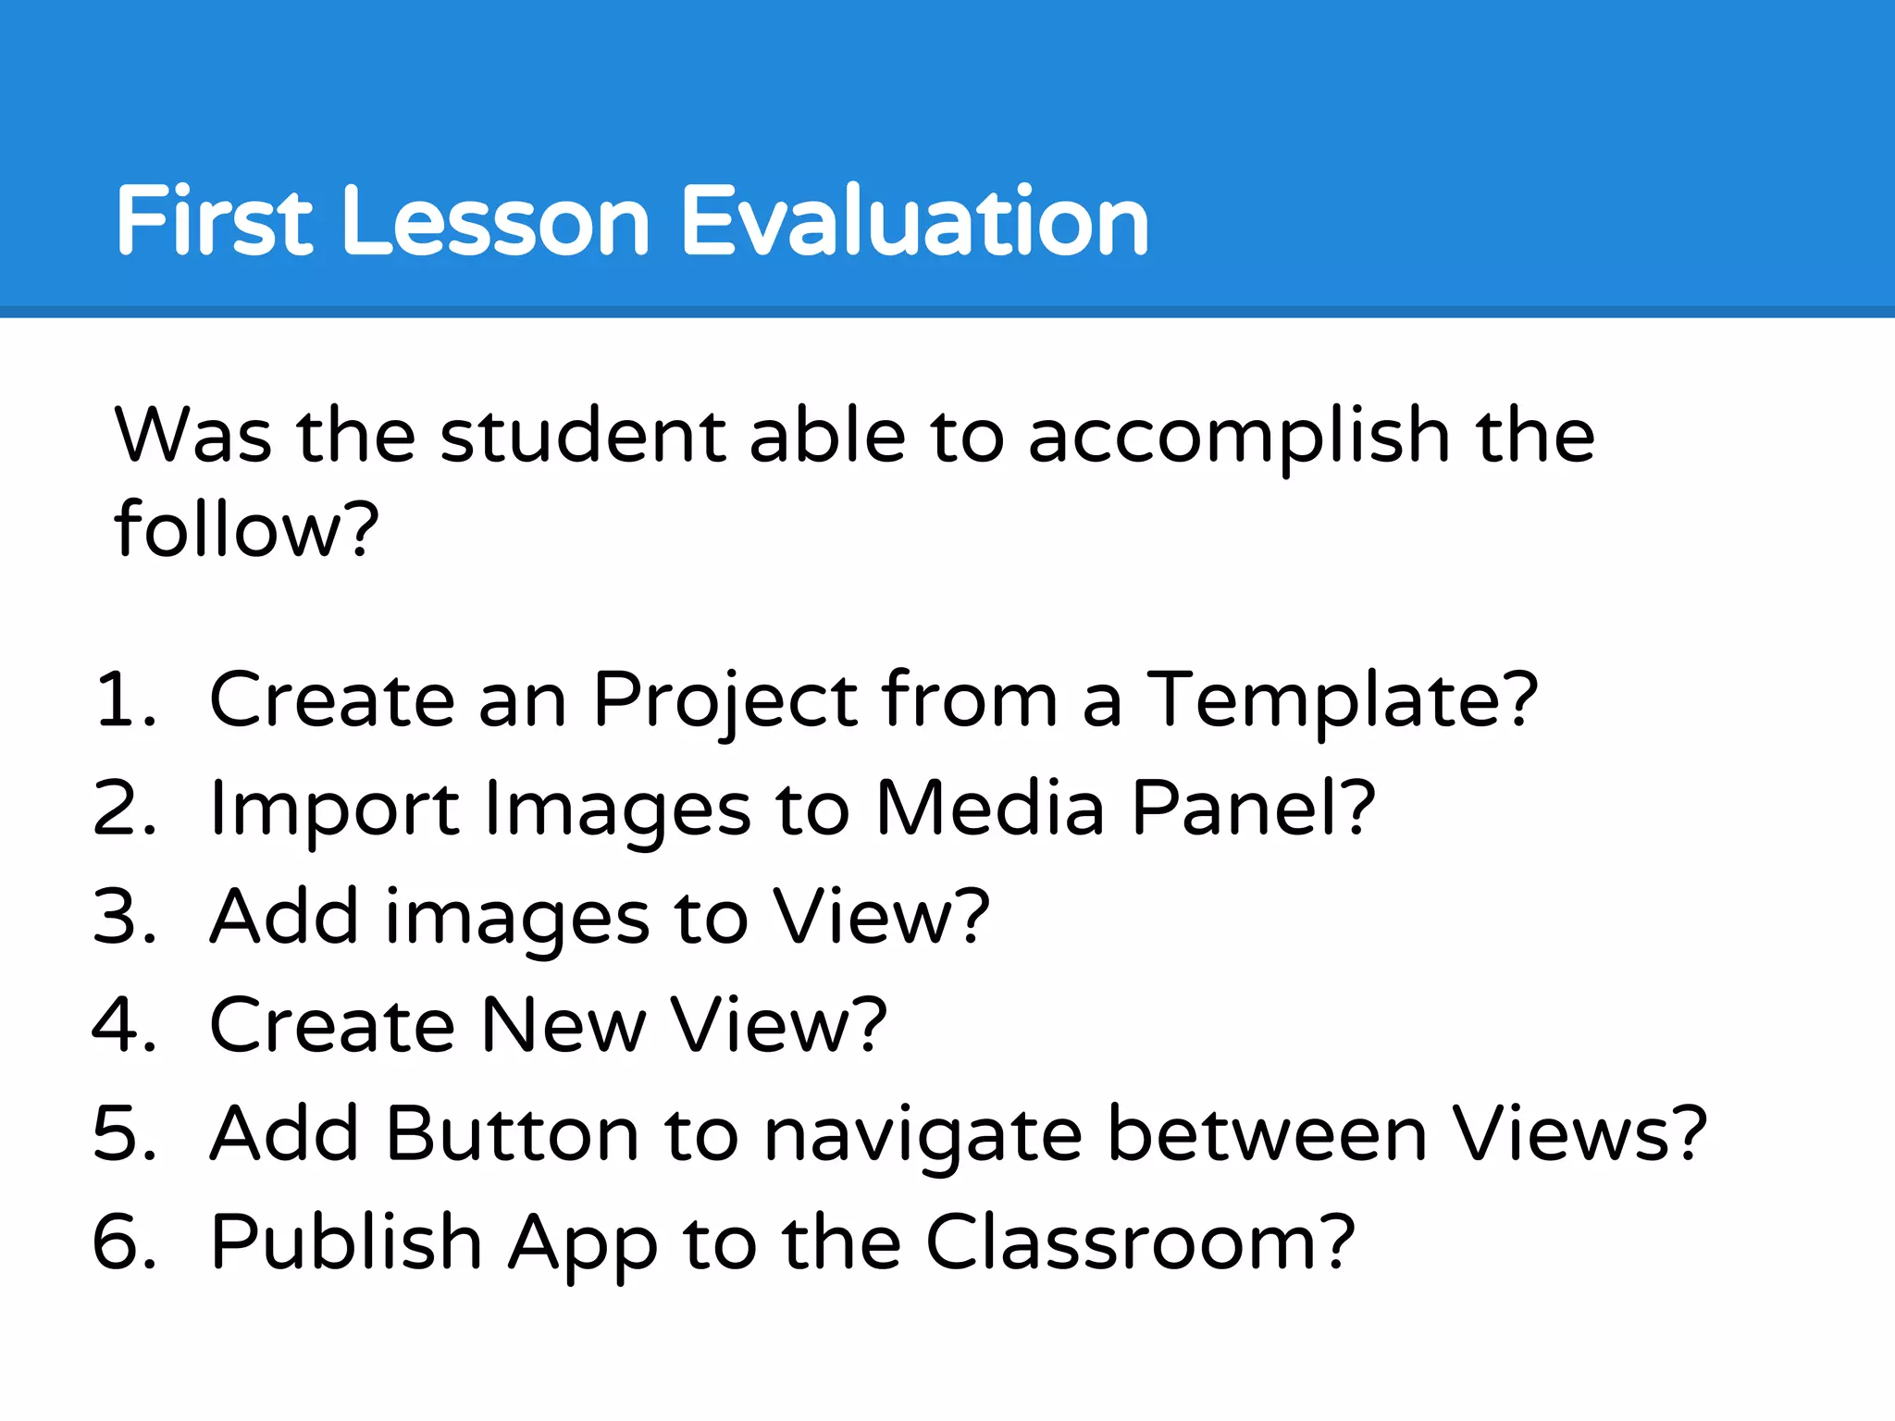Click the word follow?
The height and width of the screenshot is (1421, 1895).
(x=246, y=530)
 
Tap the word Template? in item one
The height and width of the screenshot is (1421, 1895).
(x=1343, y=701)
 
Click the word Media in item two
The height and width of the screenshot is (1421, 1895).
(x=989, y=809)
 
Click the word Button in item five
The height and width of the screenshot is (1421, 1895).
(x=512, y=1134)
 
